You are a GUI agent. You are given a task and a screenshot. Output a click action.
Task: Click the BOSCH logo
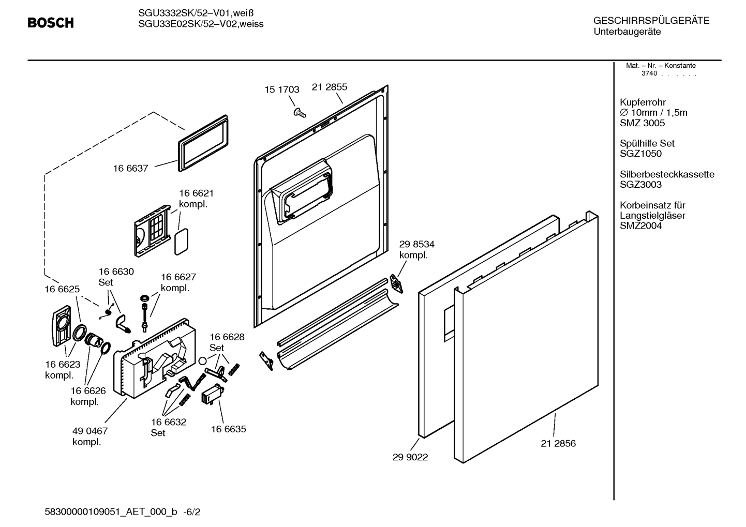(51, 23)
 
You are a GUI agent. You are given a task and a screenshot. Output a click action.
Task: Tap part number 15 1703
(282, 89)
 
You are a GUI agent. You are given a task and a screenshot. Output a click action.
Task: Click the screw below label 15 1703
(300, 113)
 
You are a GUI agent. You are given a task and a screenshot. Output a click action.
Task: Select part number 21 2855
(330, 87)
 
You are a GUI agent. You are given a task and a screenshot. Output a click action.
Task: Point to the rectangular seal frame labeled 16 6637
(203, 143)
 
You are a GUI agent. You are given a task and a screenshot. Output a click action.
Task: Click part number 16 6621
(196, 193)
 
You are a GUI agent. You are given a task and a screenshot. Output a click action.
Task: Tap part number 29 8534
(416, 244)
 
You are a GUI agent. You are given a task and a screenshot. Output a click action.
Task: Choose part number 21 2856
(558, 443)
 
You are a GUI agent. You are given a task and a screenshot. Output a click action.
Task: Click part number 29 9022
(410, 457)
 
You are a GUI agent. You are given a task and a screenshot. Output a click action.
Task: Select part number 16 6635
(229, 429)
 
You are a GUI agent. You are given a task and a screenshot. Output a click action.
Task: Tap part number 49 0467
(90, 431)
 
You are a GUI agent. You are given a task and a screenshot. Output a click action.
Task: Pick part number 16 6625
(62, 289)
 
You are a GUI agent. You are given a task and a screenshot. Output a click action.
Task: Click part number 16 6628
(227, 337)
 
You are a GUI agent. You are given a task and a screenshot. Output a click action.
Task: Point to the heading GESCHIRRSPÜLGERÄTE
(651, 21)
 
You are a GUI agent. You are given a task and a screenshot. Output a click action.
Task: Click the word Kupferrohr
(643, 102)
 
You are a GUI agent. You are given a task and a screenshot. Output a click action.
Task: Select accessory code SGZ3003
(641, 185)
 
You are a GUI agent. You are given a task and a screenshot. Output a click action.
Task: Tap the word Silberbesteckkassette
(667, 174)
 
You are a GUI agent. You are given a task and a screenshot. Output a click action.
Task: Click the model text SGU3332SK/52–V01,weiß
(196, 13)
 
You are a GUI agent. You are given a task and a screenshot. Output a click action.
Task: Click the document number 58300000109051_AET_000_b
(111, 511)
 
